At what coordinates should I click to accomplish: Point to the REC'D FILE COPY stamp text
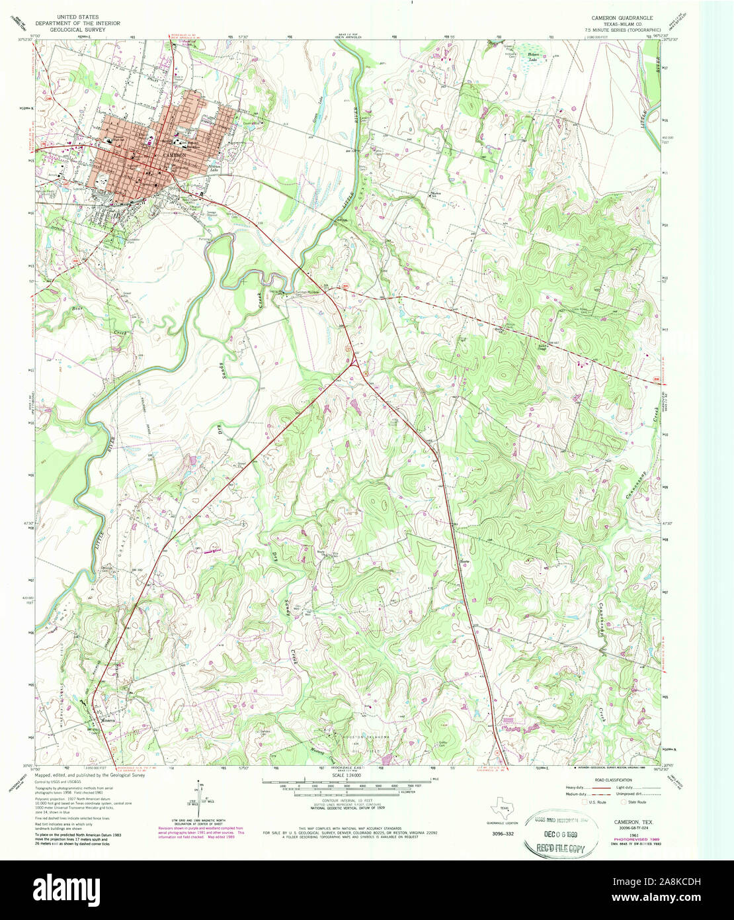(x=559, y=848)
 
